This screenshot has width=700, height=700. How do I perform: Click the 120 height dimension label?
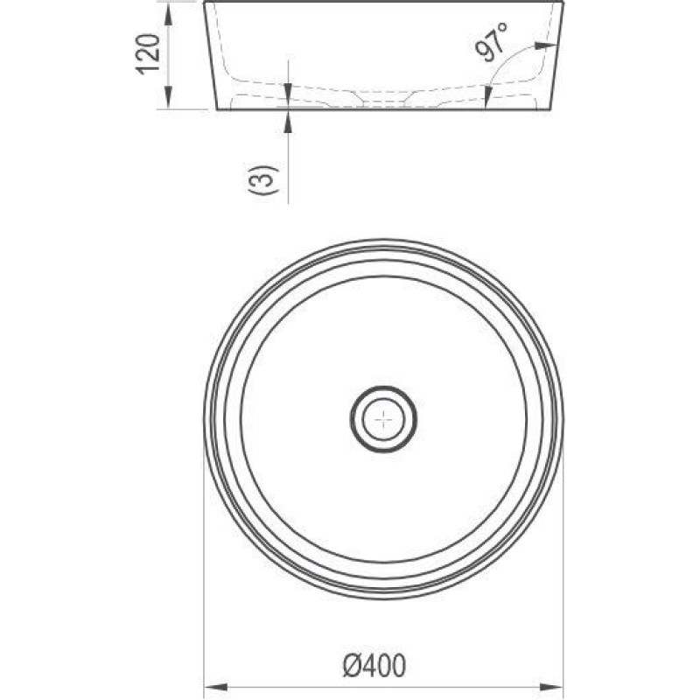click(x=148, y=53)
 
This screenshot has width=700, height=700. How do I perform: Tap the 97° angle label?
click(x=492, y=41)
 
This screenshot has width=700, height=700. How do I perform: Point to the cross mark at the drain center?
click(x=383, y=419)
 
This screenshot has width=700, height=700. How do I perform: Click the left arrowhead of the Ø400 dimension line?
click(x=215, y=687)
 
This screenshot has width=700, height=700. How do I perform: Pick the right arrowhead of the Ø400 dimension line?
click(x=552, y=687)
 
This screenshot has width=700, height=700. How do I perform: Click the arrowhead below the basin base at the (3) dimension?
click(x=289, y=121)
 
